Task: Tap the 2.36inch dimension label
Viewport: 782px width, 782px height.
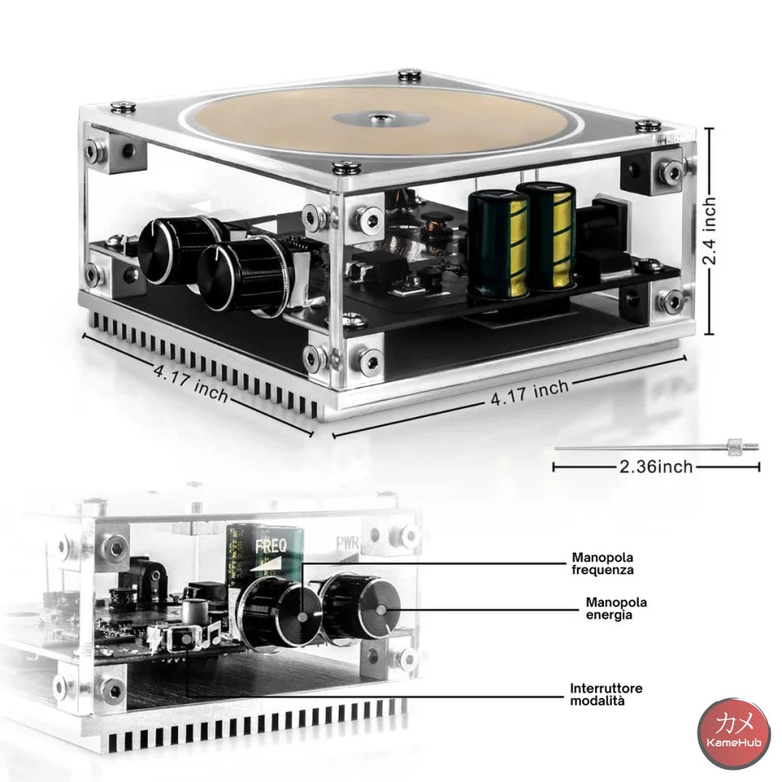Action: click(x=656, y=467)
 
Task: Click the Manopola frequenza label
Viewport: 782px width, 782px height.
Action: click(x=602, y=563)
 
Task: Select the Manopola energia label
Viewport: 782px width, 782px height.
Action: click(x=616, y=608)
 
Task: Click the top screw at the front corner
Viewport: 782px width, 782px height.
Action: click(x=347, y=168)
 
